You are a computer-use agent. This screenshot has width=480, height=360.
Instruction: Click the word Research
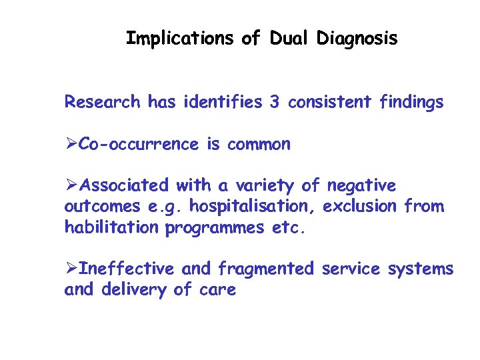tap(102, 102)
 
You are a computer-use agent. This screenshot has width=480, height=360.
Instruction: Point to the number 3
tap(274, 102)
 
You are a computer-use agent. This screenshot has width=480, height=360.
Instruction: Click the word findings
tap(411, 102)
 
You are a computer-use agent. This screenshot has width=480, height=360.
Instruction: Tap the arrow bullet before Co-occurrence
tap(71, 145)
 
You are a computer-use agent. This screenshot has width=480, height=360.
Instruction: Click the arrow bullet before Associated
tap(71, 185)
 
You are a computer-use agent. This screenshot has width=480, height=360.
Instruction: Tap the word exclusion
tap(361, 207)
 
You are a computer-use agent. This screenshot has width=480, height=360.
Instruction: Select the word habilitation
tap(111, 227)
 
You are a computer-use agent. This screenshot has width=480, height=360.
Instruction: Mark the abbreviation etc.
tap(288, 227)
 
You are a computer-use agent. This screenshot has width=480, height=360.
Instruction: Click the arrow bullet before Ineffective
tap(71, 269)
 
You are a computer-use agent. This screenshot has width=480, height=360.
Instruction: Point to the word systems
tap(420, 269)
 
